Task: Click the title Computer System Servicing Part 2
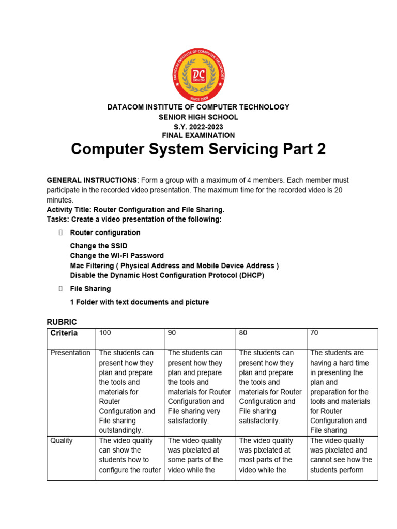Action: tap(198, 149)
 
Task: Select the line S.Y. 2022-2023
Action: tap(198, 127)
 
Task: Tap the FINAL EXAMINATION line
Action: tap(198, 135)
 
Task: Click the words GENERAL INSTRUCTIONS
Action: tap(91, 180)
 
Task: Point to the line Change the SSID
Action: tap(98, 246)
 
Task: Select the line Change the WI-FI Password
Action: tap(117, 256)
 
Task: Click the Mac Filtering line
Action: tap(174, 266)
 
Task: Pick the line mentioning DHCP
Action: tap(167, 275)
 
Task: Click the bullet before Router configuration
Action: tap(60, 233)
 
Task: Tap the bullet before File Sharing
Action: tap(60, 289)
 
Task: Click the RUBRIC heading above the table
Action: tap(62, 322)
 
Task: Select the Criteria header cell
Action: tap(64, 333)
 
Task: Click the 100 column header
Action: tap(105, 333)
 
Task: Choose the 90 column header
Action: tap(172, 333)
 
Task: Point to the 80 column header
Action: tap(243, 333)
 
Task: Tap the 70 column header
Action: tap(314, 333)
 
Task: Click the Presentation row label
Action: tap(70, 353)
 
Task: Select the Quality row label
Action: tap(62, 441)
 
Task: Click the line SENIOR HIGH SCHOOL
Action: tap(198, 117)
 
